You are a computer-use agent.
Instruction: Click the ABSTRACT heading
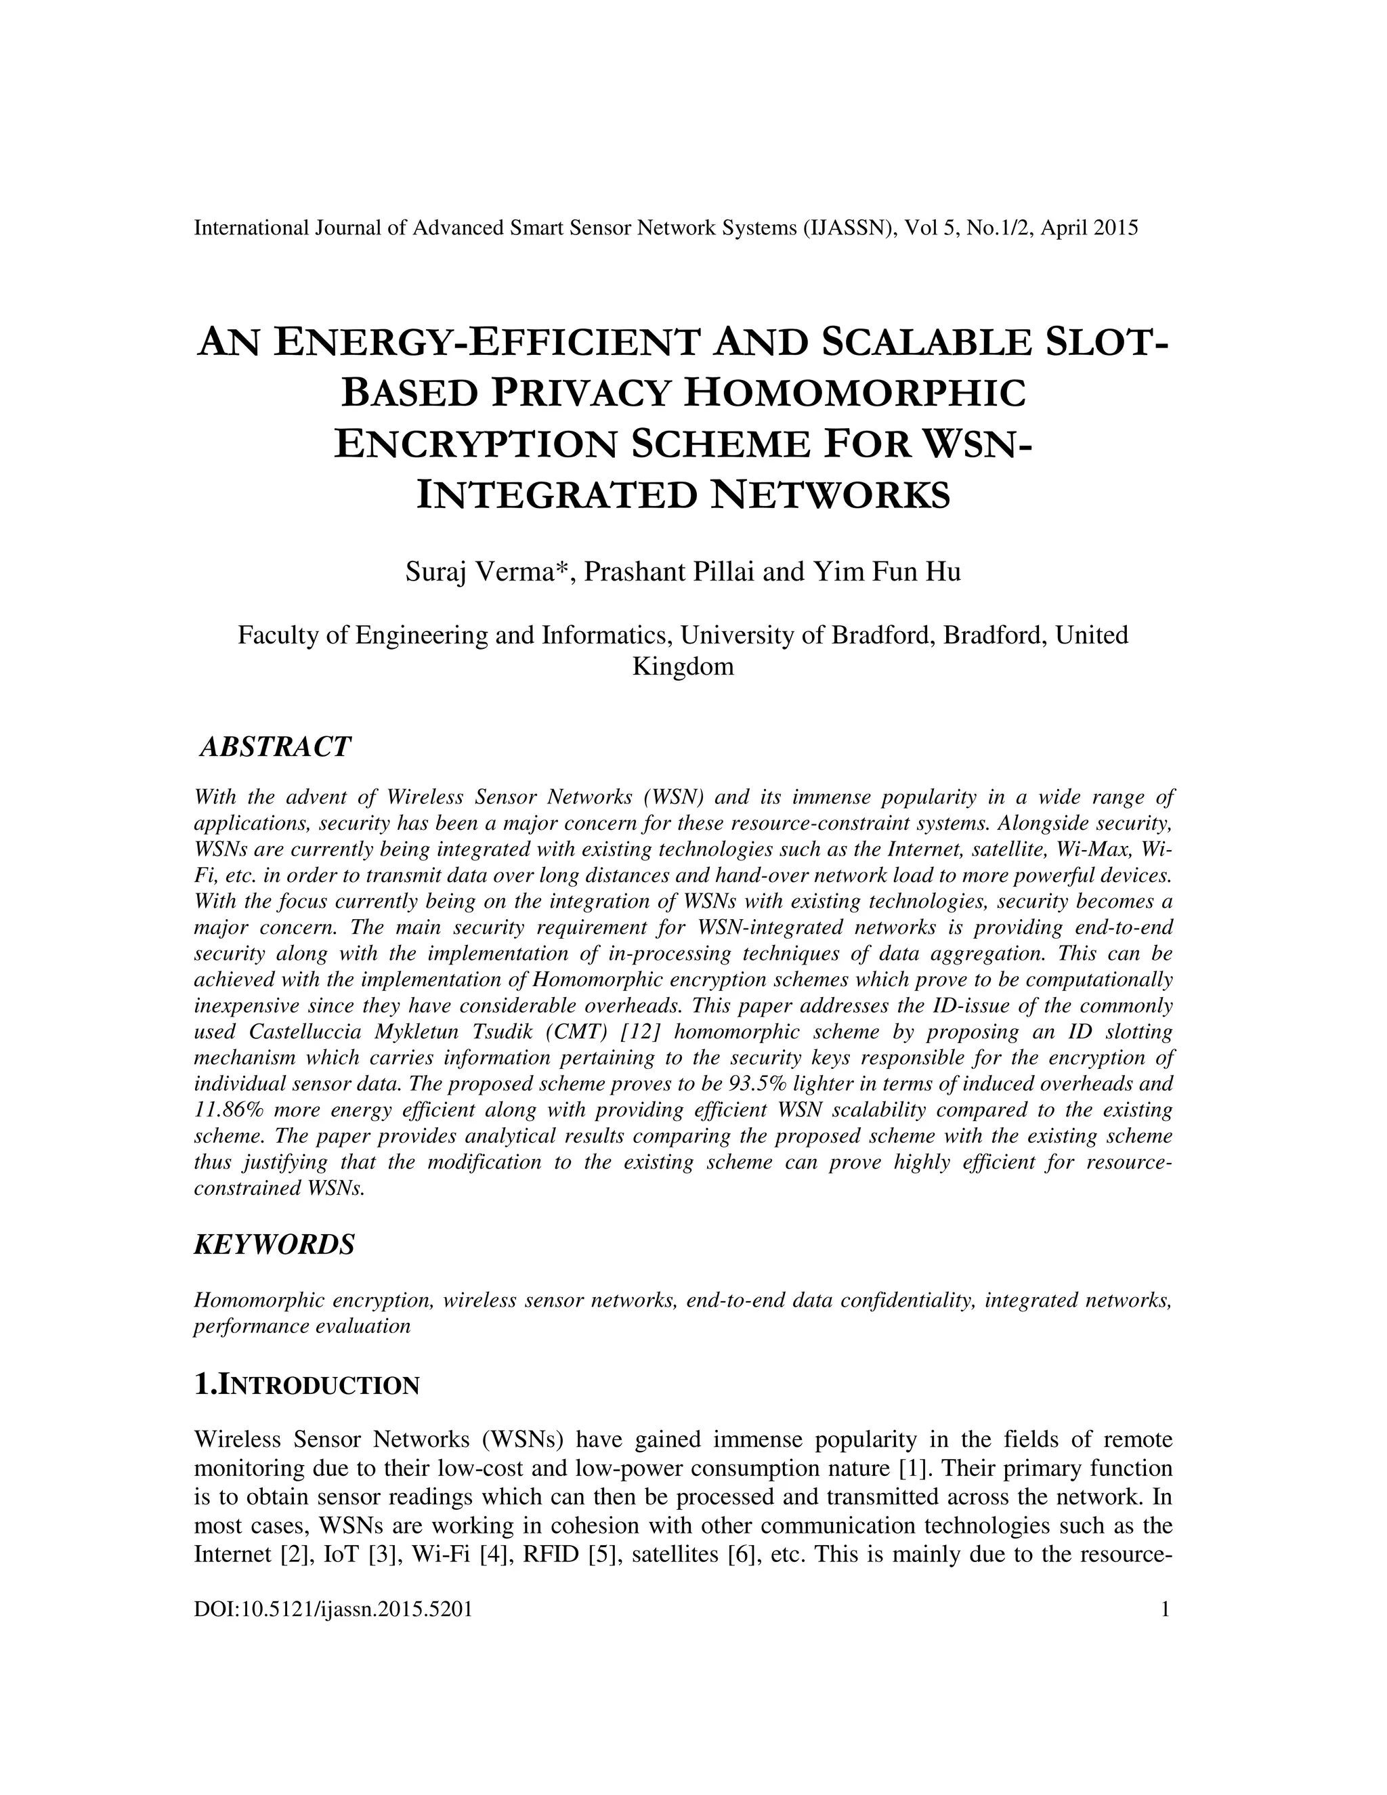tap(275, 747)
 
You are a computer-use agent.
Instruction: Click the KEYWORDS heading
tap(274, 1244)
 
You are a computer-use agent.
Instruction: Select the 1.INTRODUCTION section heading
tap(307, 1385)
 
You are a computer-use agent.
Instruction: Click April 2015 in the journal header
tap(1090, 228)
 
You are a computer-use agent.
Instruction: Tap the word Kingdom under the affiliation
tap(683, 667)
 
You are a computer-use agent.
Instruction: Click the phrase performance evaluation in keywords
tap(301, 1326)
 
